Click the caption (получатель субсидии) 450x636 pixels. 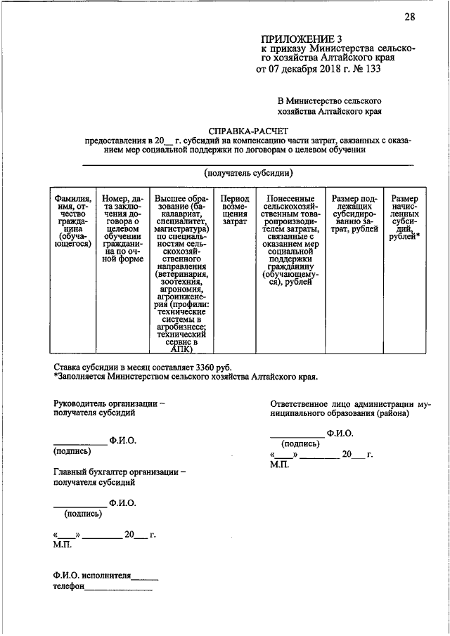248,173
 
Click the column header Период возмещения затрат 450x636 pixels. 235,209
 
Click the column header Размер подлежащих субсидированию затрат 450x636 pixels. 353,214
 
